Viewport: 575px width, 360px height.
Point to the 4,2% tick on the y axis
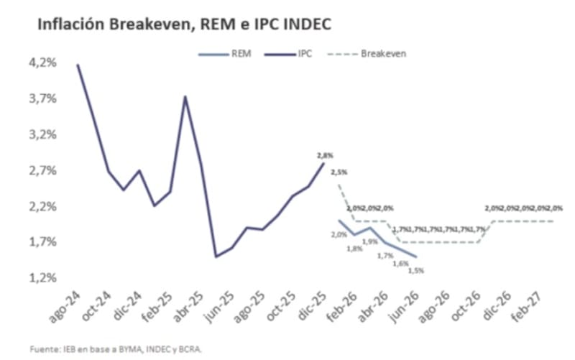pyautogui.click(x=42, y=63)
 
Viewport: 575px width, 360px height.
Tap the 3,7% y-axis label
pyautogui.click(x=42, y=98)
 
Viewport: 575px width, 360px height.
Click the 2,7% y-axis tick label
pyautogui.click(x=42, y=170)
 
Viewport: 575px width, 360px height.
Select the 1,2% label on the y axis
pyautogui.click(x=42, y=277)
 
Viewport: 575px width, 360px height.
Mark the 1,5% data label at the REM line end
pyautogui.click(x=415, y=270)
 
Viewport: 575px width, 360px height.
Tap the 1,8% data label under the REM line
pyautogui.click(x=355, y=249)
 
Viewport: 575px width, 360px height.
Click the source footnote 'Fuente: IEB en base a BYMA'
pyautogui.click(x=116, y=349)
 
